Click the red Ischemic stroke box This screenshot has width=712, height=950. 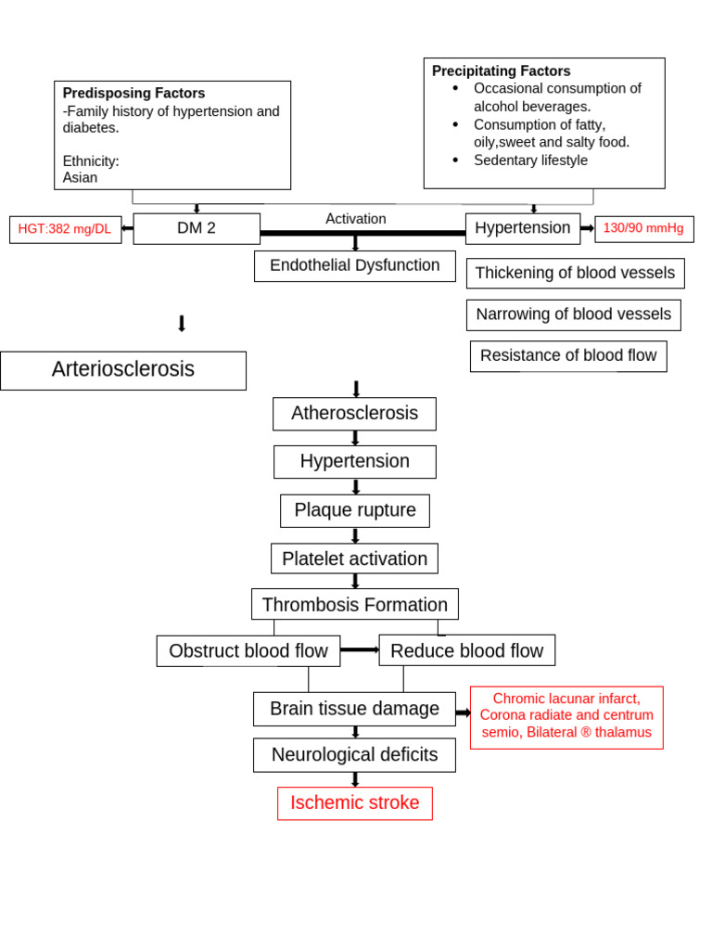354,803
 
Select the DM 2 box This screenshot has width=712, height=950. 197,229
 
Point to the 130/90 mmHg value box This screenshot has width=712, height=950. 643,229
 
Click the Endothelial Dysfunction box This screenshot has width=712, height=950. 354,266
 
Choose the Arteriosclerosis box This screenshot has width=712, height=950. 123,370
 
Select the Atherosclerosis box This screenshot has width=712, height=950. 354,414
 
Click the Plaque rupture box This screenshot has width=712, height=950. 354,510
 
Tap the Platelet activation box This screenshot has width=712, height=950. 354,558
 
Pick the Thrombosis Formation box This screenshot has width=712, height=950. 354,605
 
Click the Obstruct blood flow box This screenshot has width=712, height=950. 248,651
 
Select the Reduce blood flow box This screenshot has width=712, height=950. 466,651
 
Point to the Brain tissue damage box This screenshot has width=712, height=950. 354,709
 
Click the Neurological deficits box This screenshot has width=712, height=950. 354,755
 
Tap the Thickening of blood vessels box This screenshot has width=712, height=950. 575,274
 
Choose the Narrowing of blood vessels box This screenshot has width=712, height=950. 573,315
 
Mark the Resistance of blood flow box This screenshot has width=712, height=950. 567,356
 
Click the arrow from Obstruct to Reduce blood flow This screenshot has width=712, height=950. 360,650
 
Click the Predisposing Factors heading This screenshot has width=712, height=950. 133,94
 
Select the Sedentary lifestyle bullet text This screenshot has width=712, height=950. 530,160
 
